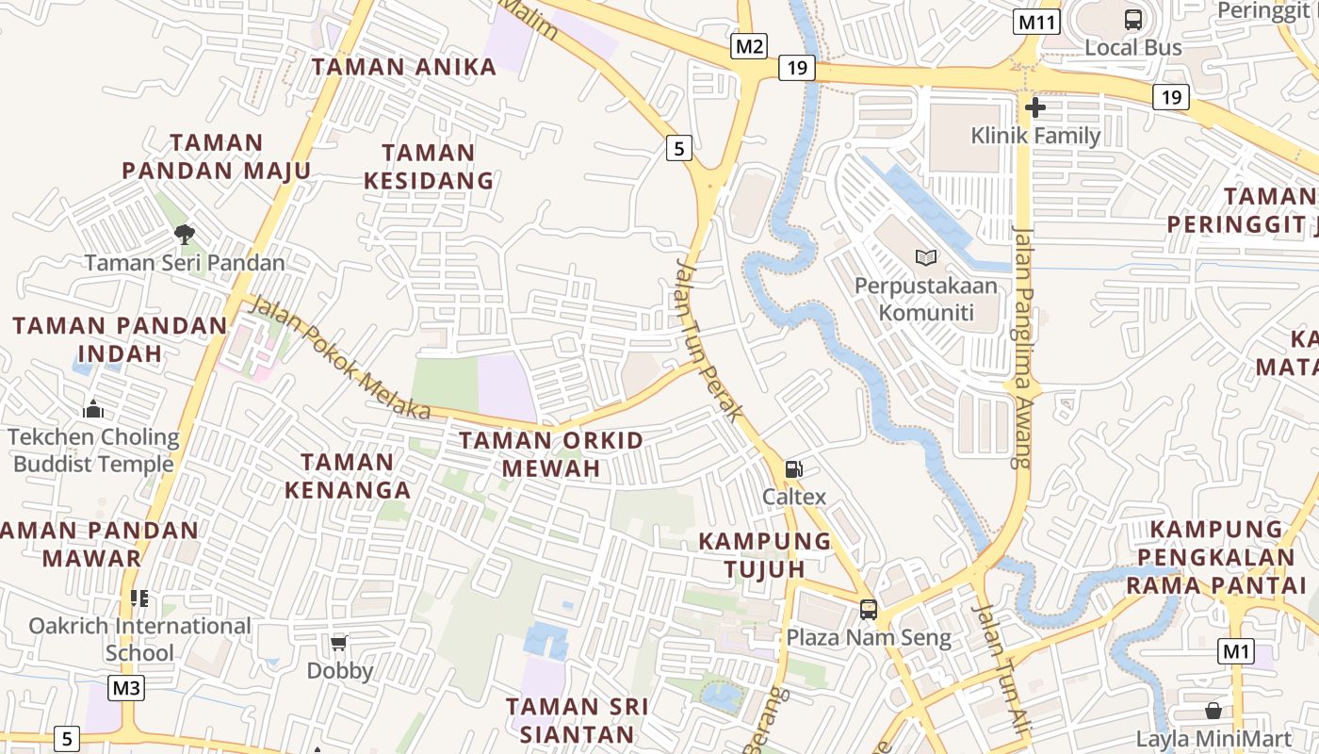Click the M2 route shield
(x=750, y=46)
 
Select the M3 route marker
(x=126, y=688)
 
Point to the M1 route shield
(x=1236, y=650)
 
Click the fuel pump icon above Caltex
(x=794, y=469)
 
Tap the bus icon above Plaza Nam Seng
(x=869, y=610)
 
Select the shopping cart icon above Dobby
(x=339, y=644)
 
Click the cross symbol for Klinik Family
(x=1035, y=107)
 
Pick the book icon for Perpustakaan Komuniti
(x=926, y=256)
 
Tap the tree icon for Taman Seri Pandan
(x=185, y=235)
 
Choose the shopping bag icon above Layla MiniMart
(x=1213, y=711)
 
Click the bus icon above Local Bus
(x=1133, y=19)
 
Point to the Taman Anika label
(x=404, y=67)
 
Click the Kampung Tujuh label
(x=765, y=555)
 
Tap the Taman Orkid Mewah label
(x=551, y=454)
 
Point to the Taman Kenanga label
(x=349, y=476)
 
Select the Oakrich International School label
(x=139, y=639)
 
